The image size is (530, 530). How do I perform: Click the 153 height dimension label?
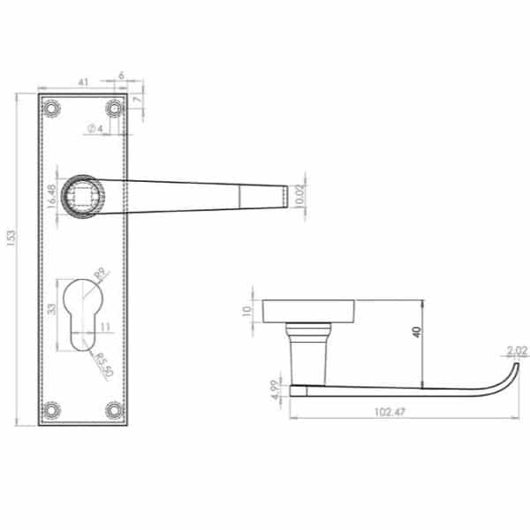pos(11,238)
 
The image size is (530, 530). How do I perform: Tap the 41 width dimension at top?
pos(83,82)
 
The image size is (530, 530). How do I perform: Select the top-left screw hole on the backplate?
pos(51,109)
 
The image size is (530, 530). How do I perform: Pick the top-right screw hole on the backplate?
pos(114,109)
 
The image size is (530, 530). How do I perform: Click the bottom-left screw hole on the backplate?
pos(51,410)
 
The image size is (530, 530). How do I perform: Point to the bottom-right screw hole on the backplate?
pos(114,410)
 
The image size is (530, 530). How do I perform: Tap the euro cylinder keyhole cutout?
pos(82,315)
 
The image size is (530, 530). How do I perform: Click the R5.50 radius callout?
pos(103,366)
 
